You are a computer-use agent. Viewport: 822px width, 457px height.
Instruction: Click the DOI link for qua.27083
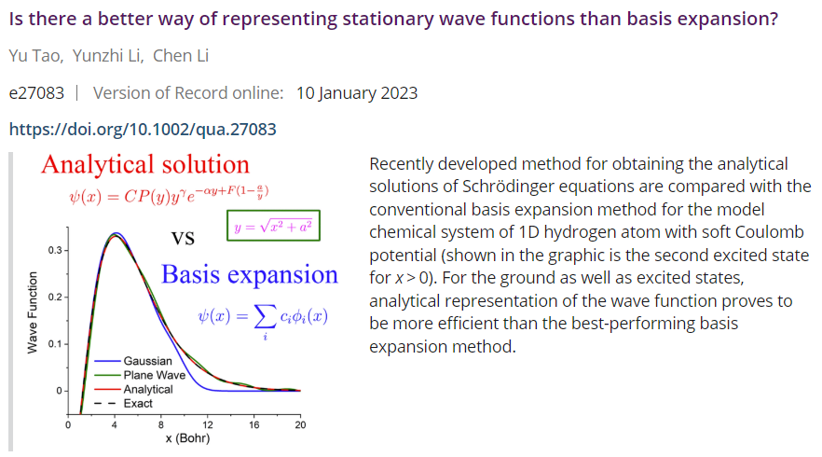[x=143, y=129]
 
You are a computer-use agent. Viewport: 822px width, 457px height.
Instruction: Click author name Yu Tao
[x=35, y=56]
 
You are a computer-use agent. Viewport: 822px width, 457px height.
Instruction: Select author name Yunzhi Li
[x=107, y=56]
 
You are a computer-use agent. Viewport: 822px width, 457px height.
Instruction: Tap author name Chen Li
[x=181, y=56]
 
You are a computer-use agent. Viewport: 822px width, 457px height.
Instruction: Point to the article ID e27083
[x=36, y=93]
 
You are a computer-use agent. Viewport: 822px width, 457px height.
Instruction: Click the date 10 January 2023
[x=357, y=93]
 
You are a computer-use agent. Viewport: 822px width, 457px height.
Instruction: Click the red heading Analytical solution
[x=145, y=165]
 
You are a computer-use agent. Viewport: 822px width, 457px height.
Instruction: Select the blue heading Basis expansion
[x=250, y=275]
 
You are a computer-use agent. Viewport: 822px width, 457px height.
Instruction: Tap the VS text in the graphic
[x=183, y=239]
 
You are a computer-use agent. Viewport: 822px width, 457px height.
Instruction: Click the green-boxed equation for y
[x=273, y=226]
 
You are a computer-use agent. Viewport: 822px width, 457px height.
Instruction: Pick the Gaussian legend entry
[x=133, y=361]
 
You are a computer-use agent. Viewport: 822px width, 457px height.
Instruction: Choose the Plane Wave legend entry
[x=140, y=375]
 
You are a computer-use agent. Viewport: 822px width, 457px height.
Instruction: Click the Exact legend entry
[x=123, y=404]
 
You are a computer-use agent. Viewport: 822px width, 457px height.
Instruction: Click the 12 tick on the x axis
[x=208, y=424]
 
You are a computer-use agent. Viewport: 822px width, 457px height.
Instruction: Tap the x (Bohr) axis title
[x=187, y=438]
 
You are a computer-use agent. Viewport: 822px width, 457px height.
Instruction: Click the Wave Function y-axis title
[x=33, y=312]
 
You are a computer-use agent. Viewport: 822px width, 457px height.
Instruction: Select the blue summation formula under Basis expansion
[x=263, y=321]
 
